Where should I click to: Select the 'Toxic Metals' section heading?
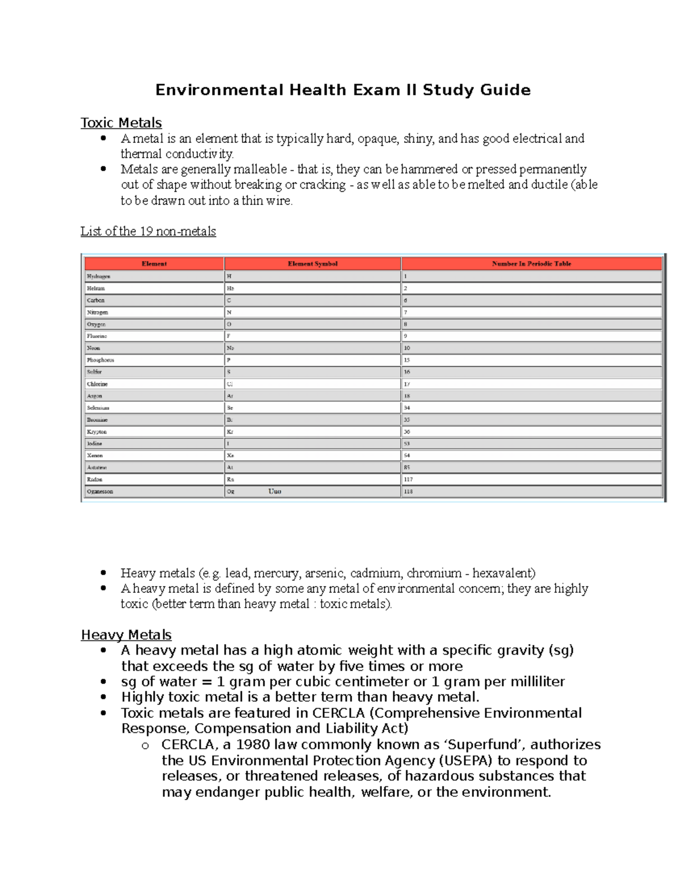(x=121, y=123)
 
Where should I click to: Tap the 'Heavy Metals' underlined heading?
(x=126, y=635)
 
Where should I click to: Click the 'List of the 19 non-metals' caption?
(x=148, y=231)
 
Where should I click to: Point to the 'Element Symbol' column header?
(x=313, y=264)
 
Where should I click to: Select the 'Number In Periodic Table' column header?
(x=531, y=264)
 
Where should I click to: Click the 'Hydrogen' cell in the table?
(x=98, y=276)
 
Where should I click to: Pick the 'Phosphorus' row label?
(x=101, y=360)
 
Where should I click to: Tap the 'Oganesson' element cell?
(x=100, y=492)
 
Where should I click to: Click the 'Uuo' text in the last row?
(x=274, y=491)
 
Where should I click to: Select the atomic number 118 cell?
(x=408, y=492)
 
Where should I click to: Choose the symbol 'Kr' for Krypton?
(x=230, y=432)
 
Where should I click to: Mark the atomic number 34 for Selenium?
(x=407, y=408)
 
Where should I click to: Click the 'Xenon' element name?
(x=95, y=456)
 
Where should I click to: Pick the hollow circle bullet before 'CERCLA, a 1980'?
(x=145, y=746)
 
